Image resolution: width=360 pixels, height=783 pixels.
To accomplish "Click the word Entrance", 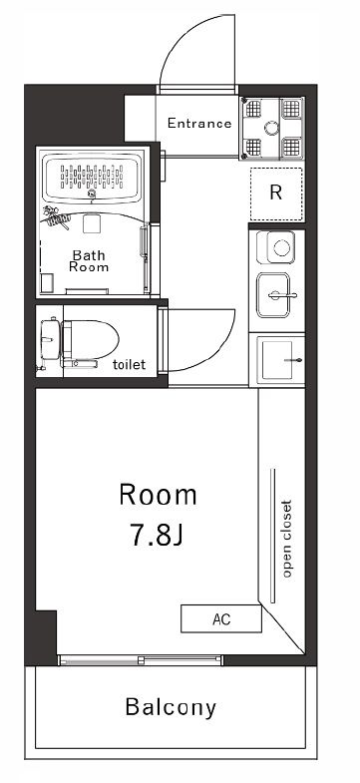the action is [x=199, y=123].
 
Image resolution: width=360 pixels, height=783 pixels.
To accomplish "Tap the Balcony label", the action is [x=171, y=707].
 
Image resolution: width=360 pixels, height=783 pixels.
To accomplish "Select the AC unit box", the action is [x=221, y=618].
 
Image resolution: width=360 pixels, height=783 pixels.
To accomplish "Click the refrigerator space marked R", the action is [x=276, y=194].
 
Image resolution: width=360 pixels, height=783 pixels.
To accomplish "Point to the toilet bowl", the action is [x=90, y=339].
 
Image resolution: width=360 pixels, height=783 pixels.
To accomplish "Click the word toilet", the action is [x=130, y=364].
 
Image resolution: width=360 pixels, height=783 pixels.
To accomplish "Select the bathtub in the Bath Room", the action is [x=92, y=178].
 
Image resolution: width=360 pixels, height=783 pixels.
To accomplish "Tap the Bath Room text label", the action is [x=89, y=260].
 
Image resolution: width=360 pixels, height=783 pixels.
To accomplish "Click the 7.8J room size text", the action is [x=157, y=535].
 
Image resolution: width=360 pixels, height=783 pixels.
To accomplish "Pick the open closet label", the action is [x=286, y=539].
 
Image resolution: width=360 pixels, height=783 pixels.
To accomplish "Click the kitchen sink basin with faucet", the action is [x=273, y=295].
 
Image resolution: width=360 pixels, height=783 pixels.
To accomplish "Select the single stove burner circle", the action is [x=280, y=246].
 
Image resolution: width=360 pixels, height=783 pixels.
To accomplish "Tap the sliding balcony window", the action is [x=141, y=659].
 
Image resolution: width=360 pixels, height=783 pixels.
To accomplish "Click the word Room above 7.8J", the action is [x=158, y=495].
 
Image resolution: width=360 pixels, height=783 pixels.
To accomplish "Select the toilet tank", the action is [x=50, y=339].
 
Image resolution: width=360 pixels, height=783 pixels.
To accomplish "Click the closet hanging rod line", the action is [x=272, y=536].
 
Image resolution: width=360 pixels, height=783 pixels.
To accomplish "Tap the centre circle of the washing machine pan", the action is [x=272, y=129].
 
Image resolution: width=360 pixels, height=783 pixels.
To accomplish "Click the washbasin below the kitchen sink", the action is [x=277, y=359].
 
